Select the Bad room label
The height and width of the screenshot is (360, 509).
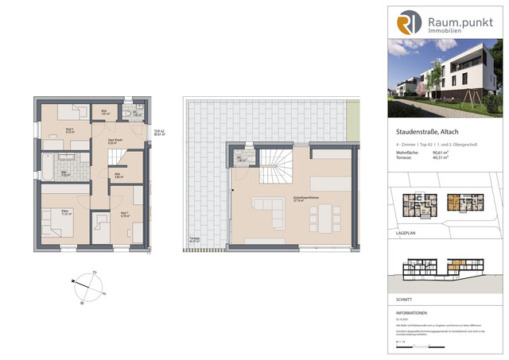click(x=45, y=173)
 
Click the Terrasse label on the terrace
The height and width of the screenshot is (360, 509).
click(x=194, y=239)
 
